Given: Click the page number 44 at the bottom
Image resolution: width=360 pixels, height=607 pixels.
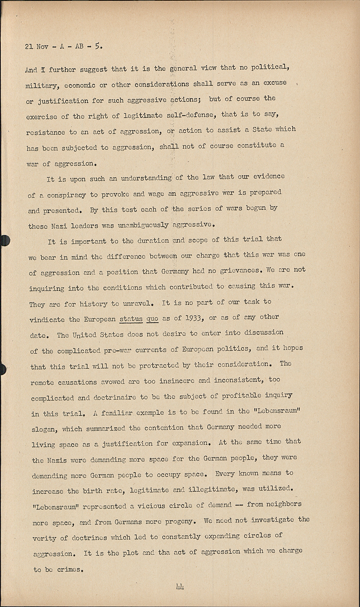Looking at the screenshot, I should tap(180, 586).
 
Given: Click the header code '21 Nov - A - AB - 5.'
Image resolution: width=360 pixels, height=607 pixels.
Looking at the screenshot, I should tap(64, 46).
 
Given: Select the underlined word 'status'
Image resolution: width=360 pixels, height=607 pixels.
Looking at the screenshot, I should tap(131, 319).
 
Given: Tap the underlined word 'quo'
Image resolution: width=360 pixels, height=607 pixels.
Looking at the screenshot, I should tap(152, 319).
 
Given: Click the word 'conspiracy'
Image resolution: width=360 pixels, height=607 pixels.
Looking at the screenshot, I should tap(66, 195).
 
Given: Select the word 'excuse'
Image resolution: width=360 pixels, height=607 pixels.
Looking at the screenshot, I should tap(275, 83).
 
